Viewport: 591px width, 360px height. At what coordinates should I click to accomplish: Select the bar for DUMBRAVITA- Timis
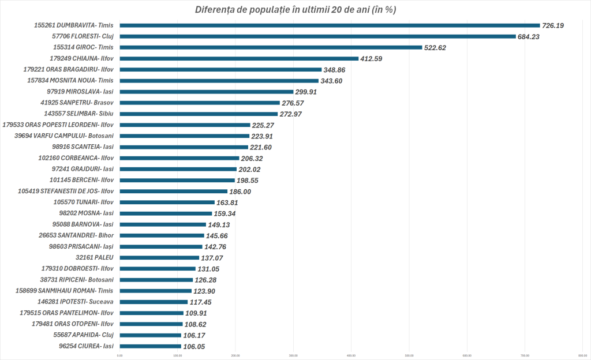tap(329, 25)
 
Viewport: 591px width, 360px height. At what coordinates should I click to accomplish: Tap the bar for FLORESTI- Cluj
tap(317, 36)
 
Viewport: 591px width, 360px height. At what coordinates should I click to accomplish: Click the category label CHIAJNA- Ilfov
tap(83, 58)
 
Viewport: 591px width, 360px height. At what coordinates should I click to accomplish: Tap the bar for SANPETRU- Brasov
tap(199, 103)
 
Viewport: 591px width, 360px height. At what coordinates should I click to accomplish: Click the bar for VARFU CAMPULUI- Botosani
tap(184, 136)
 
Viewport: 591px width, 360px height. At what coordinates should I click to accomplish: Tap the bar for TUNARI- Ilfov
tap(167, 202)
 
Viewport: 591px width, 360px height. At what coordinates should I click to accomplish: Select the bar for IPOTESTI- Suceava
tap(154, 302)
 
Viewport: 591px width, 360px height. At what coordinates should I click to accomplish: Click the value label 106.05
tap(193, 346)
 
